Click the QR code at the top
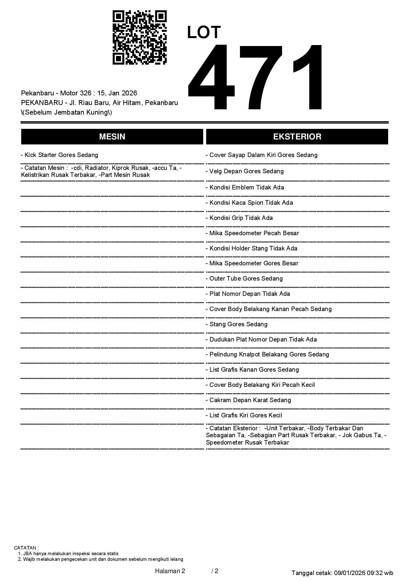point(140,37)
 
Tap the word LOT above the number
point(204,32)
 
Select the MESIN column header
point(112,136)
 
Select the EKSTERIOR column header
point(297,136)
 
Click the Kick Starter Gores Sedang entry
point(60,155)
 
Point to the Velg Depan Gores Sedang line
point(245,171)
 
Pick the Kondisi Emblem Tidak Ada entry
point(245,187)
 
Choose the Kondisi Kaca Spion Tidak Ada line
point(249,202)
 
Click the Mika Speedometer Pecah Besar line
point(252,233)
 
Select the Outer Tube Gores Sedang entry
point(244,278)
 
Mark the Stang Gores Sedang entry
point(237,324)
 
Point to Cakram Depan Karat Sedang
point(249,400)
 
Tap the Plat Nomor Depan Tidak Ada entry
point(248,293)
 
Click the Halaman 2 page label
point(170,571)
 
